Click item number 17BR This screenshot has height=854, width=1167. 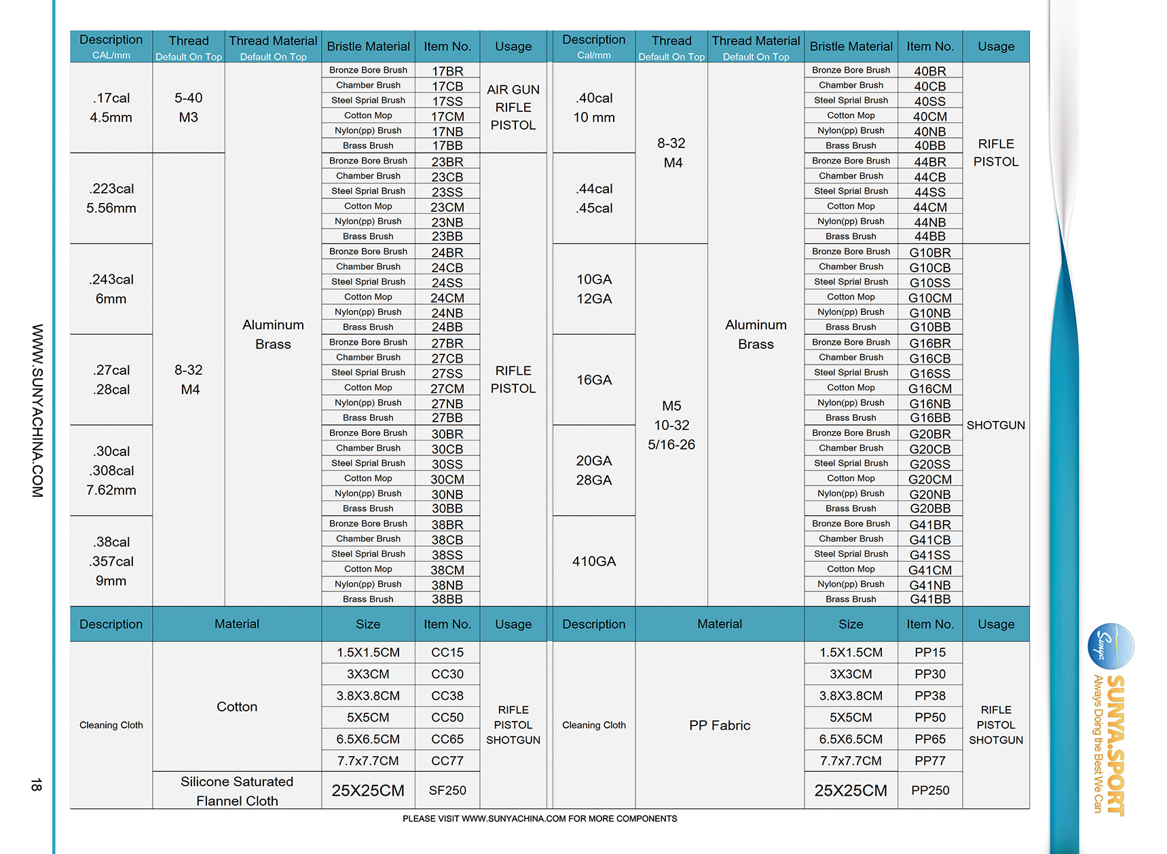(447, 71)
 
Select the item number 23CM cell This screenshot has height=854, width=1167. (447, 207)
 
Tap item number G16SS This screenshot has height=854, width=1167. (929, 373)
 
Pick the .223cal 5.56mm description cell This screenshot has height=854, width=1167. (111, 198)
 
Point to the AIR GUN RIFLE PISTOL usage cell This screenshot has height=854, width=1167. (513, 107)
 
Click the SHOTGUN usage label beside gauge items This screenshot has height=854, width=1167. (995, 425)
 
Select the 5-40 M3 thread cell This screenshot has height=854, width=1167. (189, 107)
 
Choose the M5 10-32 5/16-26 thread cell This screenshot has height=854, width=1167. (671, 425)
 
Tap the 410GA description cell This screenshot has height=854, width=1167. (594, 561)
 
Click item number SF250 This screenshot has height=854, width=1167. (447, 790)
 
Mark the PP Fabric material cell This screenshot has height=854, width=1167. (720, 725)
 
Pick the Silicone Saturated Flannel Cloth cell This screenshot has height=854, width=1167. (237, 791)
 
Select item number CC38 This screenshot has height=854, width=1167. (447, 696)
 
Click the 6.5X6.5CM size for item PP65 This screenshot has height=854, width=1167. (851, 739)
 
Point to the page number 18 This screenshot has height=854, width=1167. (36, 785)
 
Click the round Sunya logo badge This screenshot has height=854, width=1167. (1111, 646)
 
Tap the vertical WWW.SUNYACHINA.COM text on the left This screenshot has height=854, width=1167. (37, 411)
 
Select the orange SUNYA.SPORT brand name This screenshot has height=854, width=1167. (1115, 745)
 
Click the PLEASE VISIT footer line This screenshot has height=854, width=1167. (540, 819)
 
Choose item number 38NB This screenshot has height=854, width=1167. (447, 584)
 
